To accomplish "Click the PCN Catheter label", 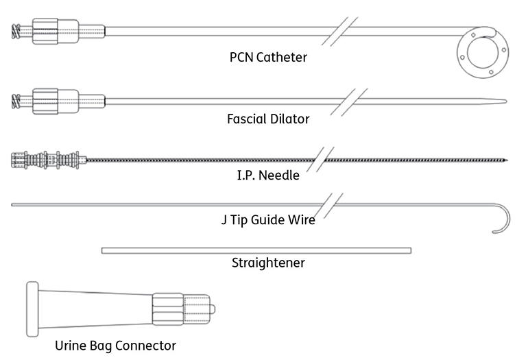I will pos(268,57).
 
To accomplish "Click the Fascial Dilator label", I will pos(268,119).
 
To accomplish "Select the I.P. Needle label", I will pos(268,175).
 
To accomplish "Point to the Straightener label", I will pos(268,263).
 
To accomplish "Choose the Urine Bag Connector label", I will pos(115,345).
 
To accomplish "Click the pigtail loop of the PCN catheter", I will pos(483,51).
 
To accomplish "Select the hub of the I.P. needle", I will pos(48,159).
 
